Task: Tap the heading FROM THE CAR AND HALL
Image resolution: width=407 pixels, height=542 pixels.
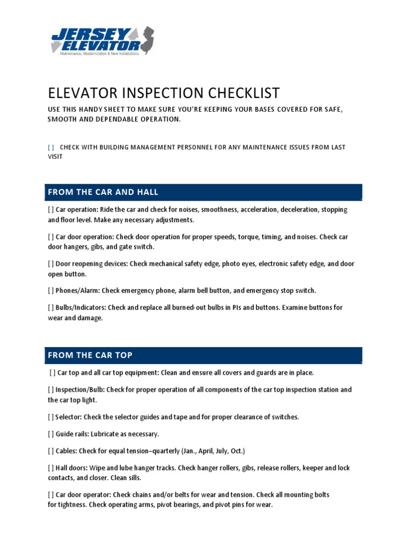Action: coord(103,192)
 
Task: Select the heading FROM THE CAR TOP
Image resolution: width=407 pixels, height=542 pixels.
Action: coord(91,355)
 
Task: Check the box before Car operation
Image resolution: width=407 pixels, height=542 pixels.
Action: coord(51,210)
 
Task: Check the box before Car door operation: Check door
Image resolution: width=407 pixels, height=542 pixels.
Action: coord(51,237)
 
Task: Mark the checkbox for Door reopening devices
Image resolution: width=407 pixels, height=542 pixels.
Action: coord(51,264)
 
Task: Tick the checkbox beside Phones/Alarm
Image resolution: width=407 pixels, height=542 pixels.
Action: coord(51,290)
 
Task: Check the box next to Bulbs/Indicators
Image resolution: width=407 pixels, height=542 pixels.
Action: coord(51,307)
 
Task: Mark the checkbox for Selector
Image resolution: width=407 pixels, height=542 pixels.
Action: coord(51,417)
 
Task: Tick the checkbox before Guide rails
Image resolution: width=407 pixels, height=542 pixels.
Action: coord(51,434)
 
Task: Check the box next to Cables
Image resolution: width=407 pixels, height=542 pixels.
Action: coord(51,451)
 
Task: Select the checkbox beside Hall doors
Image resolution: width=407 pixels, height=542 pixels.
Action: coord(51,468)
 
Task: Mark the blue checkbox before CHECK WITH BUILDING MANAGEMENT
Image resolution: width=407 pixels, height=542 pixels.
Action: coord(51,147)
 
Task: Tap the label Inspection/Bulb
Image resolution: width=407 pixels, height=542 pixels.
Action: coord(81,390)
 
